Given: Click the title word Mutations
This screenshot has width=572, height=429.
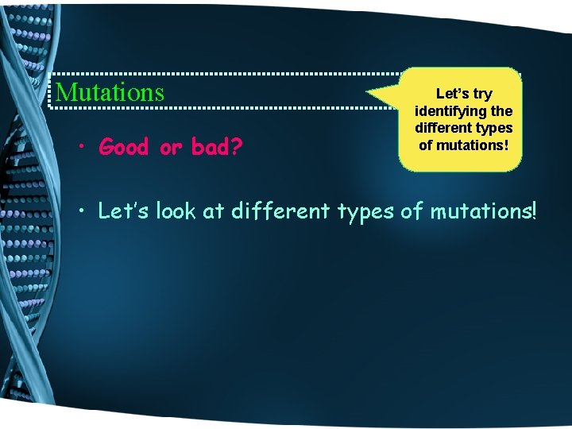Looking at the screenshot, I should tap(110, 92).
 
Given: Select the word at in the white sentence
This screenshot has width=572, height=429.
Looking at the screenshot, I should tap(217, 212).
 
